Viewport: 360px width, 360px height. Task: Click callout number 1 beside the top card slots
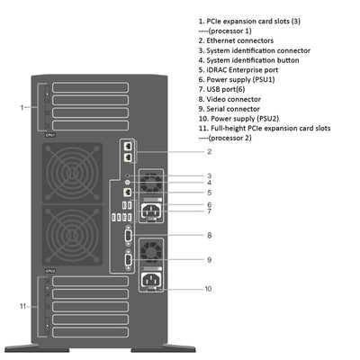(x=21, y=107)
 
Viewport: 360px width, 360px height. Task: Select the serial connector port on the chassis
(x=129, y=260)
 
